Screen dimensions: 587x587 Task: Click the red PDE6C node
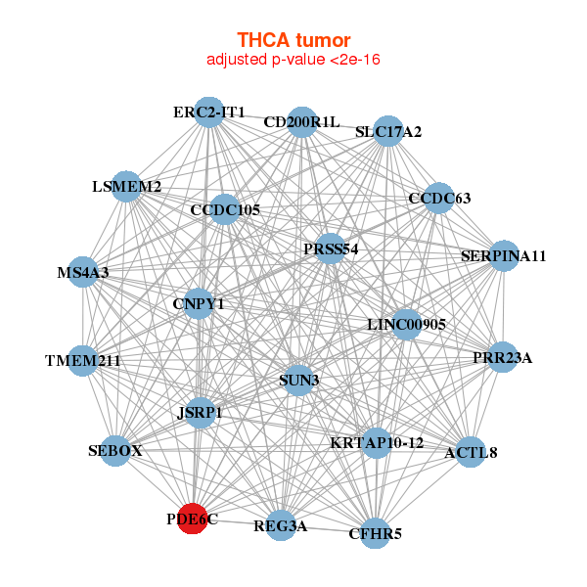(x=198, y=519)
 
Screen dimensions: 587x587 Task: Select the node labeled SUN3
(x=299, y=379)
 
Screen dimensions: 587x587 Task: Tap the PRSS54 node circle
(x=331, y=249)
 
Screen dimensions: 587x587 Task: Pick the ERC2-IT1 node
(x=208, y=113)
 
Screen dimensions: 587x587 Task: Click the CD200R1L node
(x=301, y=121)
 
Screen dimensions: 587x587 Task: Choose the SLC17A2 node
(x=388, y=131)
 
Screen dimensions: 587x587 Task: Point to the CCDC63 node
(x=438, y=199)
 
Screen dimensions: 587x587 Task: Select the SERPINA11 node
(x=503, y=256)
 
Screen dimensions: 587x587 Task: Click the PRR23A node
(x=502, y=358)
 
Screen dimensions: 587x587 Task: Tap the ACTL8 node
(x=471, y=452)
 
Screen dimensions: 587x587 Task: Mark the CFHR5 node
(x=376, y=533)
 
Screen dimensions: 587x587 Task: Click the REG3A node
(x=281, y=526)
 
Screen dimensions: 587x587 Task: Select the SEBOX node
(x=115, y=451)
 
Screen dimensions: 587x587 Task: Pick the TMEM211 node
(x=83, y=360)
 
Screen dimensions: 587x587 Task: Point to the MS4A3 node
(x=83, y=273)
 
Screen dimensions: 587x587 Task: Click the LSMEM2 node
(x=127, y=186)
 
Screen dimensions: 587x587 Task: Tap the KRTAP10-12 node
(x=377, y=442)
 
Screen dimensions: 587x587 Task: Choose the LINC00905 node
(x=407, y=324)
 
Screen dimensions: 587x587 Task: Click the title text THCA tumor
(x=293, y=40)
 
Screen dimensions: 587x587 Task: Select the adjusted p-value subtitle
(x=293, y=60)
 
